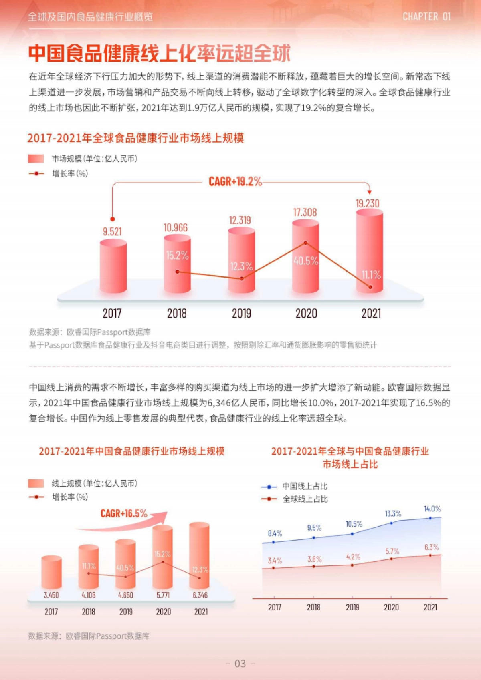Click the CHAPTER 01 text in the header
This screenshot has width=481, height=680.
pyautogui.click(x=426, y=17)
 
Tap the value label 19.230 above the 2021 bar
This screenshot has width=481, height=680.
pyautogui.click(x=367, y=203)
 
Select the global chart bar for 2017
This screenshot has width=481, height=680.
pyautogui.click(x=113, y=266)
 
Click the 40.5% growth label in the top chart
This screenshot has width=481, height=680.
pyautogui.click(x=305, y=261)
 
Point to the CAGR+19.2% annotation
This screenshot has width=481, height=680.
pyautogui.click(x=235, y=182)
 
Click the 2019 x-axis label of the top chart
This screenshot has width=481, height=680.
pyautogui.click(x=241, y=313)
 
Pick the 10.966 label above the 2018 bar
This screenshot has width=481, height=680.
pyautogui.click(x=176, y=228)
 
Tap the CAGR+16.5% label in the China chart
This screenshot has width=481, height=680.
pyautogui.click(x=124, y=513)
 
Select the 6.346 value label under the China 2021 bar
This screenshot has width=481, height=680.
pyautogui.click(x=200, y=595)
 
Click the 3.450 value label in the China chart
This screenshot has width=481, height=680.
pyautogui.click(x=51, y=595)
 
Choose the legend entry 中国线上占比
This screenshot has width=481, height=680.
pyautogui.click(x=305, y=486)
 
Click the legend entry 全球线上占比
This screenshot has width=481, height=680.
pyautogui.click(x=305, y=499)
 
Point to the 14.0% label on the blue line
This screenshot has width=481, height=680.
pyautogui.click(x=432, y=509)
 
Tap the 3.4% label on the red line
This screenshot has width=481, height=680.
pyautogui.click(x=275, y=561)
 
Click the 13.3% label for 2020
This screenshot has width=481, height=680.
pyautogui.click(x=393, y=514)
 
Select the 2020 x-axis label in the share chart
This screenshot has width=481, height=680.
pyautogui.click(x=391, y=607)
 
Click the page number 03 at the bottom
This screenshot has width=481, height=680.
pyautogui.click(x=240, y=664)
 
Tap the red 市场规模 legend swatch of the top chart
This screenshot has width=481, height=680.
pyautogui.click(x=36, y=159)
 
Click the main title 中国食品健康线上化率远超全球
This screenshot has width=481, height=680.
pyautogui.click(x=159, y=53)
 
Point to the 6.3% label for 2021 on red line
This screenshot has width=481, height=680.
pyautogui.click(x=431, y=547)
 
